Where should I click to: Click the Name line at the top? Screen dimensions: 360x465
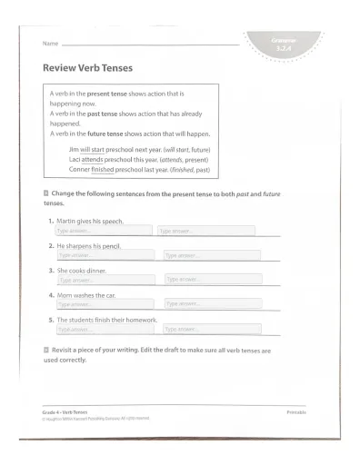[x=150, y=44]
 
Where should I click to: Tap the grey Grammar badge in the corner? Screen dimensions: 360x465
[x=285, y=42]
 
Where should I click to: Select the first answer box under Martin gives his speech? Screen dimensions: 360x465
[x=103, y=232]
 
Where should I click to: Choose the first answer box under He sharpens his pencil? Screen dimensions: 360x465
[x=105, y=256]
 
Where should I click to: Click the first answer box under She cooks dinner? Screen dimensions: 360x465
[x=106, y=281]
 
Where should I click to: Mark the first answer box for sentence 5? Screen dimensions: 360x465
[x=105, y=330]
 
